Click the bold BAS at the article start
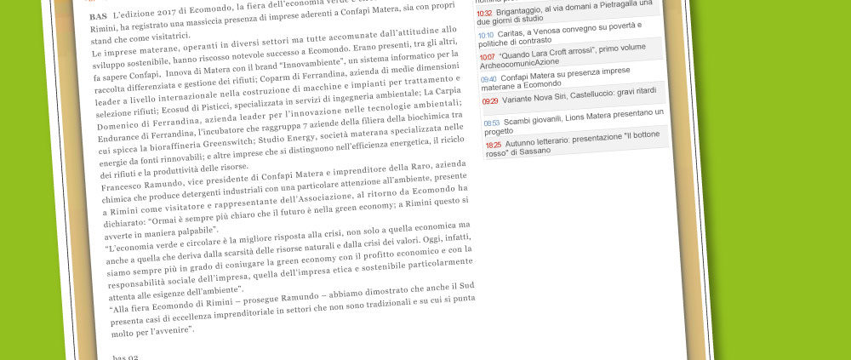tap(98, 16)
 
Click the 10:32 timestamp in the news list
tap(484, 14)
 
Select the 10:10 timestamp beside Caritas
tap(485, 35)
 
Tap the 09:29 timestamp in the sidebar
tap(490, 100)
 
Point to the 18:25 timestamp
tap(494, 146)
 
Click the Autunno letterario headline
tap(579, 146)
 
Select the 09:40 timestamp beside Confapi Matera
tap(488, 79)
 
